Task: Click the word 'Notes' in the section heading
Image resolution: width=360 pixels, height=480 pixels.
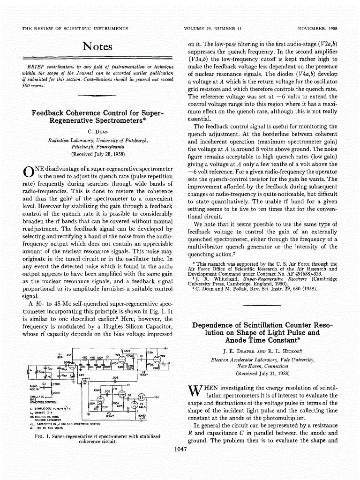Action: click(97, 46)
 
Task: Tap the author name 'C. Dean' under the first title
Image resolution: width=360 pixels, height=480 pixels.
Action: click(97, 131)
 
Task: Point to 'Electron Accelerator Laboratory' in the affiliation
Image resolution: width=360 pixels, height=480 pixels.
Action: click(247, 360)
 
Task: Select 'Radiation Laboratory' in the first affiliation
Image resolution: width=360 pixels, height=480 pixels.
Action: click(68, 140)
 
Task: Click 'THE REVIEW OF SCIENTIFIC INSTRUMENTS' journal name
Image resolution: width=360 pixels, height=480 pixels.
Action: click(75, 29)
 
